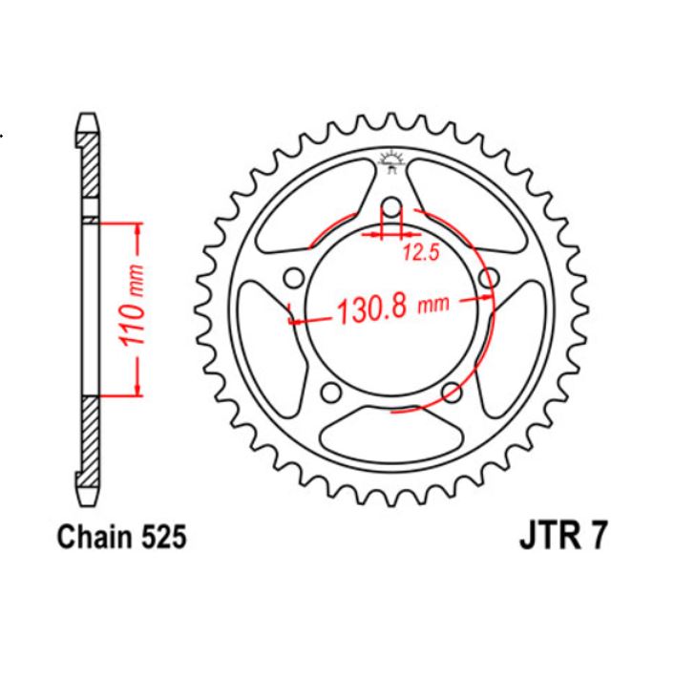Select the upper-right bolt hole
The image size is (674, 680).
(490, 278)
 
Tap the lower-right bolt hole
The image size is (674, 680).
(452, 391)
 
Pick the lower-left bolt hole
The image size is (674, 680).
(330, 392)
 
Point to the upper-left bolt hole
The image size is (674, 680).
(294, 278)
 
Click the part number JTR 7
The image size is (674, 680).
(561, 538)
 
